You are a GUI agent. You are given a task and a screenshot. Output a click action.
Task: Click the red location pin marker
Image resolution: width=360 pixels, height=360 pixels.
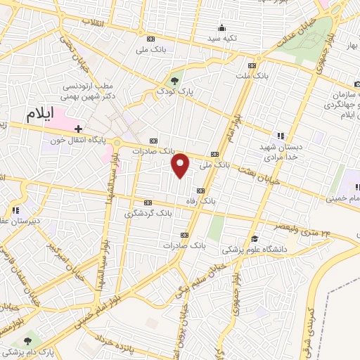181,165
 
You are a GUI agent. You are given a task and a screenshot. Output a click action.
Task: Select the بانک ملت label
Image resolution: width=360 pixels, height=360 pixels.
251,74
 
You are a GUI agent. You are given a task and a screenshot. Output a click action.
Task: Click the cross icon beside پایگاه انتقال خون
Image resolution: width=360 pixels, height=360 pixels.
78,129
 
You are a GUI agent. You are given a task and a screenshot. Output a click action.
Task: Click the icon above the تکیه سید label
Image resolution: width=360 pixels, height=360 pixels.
221,28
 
